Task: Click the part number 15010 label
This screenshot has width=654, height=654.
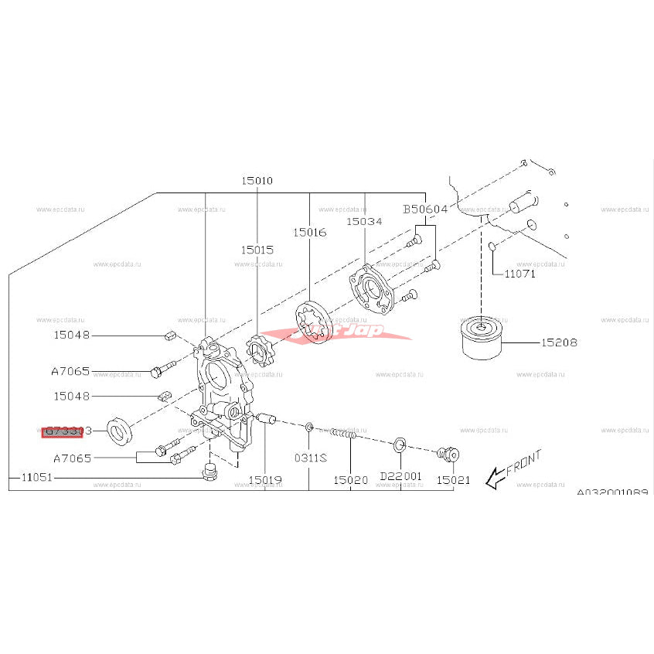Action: coord(257,181)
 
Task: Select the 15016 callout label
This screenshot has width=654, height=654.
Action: coord(309,232)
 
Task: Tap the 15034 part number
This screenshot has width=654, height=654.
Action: coord(363,221)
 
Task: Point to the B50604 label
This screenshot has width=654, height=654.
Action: coord(425,209)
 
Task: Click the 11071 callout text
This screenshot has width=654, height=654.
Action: coord(519,274)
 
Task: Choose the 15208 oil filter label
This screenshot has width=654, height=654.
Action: coord(559,342)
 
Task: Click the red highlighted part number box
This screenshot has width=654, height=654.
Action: coord(62,431)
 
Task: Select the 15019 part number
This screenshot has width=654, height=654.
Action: coord(265,479)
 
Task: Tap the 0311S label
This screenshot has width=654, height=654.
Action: coord(309,458)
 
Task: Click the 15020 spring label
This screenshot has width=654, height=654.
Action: coord(350,479)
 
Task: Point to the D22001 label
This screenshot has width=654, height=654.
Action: coord(401,476)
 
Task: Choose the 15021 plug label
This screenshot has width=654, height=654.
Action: coord(453,479)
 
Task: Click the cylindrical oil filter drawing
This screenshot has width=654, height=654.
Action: coord(482,338)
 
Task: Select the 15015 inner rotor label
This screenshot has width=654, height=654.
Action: coord(257,250)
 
